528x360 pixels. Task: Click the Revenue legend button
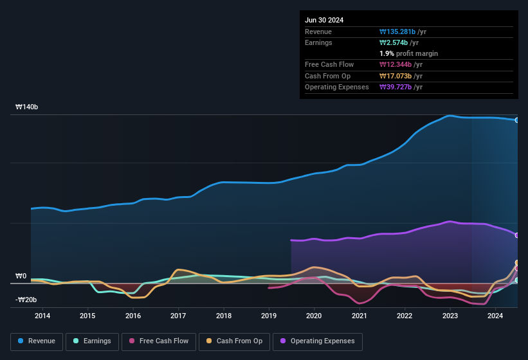(x=37, y=341)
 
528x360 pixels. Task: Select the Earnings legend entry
(x=92, y=341)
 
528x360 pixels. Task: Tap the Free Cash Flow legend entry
(x=159, y=341)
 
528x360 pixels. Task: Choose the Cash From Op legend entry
(x=235, y=341)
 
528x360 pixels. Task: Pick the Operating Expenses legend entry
(x=318, y=341)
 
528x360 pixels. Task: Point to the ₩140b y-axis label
(x=27, y=107)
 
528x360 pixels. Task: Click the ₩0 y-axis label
(x=21, y=276)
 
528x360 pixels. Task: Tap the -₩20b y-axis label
(x=26, y=300)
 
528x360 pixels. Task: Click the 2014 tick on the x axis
(x=42, y=316)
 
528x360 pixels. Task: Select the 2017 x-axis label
(x=178, y=316)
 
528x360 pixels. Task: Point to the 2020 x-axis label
(x=314, y=316)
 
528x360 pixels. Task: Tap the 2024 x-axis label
(x=495, y=316)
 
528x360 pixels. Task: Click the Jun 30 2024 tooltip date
(x=324, y=20)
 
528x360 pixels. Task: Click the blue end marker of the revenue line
(x=516, y=120)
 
